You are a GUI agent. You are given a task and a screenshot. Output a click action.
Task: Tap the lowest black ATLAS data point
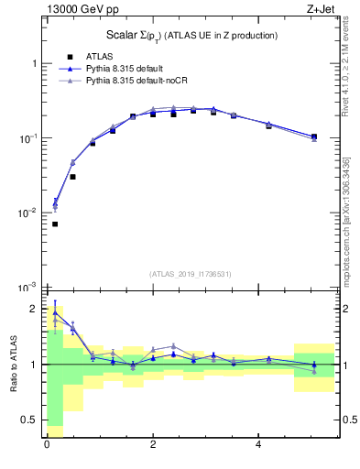click(55, 224)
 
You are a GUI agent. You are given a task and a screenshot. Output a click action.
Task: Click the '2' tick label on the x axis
click(152, 444)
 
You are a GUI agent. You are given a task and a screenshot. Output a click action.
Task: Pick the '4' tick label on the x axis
click(260, 444)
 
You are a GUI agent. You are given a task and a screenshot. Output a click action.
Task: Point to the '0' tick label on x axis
click(46, 444)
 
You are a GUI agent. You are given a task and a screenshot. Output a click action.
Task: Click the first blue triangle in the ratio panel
click(55, 311)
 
